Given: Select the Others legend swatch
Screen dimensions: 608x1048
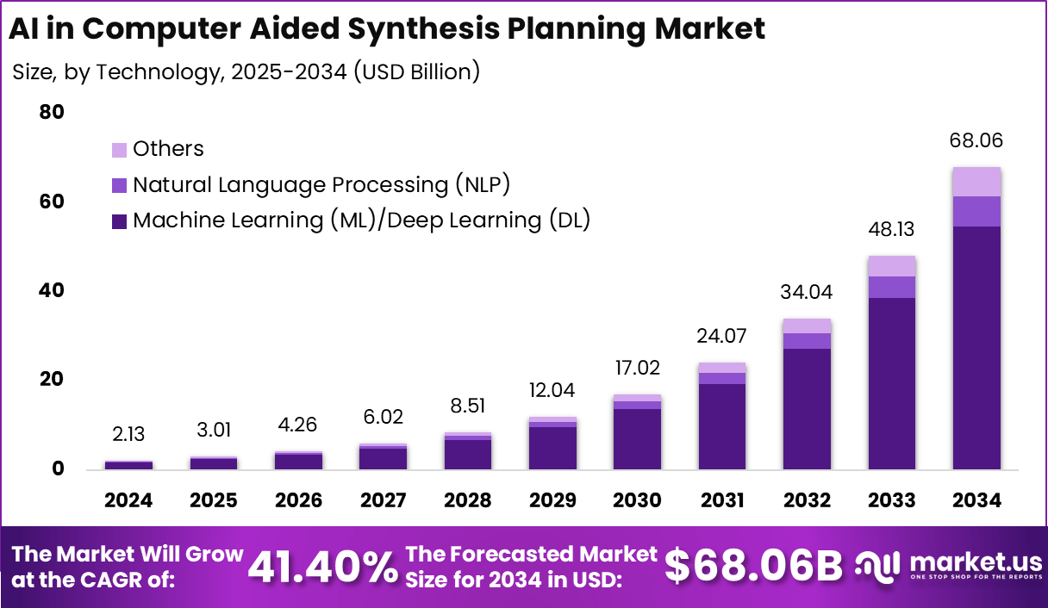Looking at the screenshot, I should click(119, 150).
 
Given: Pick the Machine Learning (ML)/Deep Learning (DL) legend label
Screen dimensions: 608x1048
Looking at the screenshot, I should click(361, 220).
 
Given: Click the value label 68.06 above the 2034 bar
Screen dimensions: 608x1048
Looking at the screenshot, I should click(976, 141).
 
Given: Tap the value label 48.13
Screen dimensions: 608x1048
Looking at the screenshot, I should click(891, 230).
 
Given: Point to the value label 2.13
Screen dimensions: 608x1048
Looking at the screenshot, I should click(128, 437).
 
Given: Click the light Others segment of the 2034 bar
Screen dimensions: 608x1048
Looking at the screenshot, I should click(976, 182).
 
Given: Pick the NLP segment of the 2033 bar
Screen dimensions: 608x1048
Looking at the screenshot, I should click(891, 287).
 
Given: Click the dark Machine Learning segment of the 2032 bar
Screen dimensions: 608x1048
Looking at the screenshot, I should click(807, 408).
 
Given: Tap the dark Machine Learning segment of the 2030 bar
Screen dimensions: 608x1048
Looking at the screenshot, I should click(637, 438).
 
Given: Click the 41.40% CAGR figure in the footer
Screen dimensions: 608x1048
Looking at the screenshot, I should click(322, 567).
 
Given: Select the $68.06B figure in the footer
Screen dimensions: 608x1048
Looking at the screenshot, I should click(754, 567).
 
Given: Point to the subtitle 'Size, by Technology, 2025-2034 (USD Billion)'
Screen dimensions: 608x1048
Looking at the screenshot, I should click(246, 71).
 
